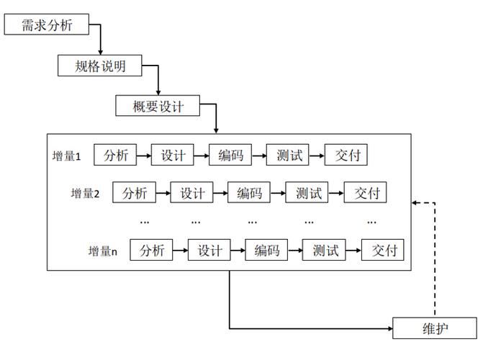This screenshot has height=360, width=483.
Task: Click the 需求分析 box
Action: (47, 24)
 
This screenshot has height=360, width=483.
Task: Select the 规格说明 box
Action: (100, 66)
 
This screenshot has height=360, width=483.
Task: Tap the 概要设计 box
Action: (158, 106)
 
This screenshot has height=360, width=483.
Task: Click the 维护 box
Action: (435, 328)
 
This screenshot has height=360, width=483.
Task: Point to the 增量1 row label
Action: (66, 156)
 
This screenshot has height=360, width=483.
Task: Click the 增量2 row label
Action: (86, 194)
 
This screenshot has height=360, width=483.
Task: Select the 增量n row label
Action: (103, 251)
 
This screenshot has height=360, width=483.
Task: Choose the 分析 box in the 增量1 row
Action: (115, 155)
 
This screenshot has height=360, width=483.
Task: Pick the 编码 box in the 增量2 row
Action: (249, 192)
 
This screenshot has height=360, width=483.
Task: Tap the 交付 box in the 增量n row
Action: (382, 250)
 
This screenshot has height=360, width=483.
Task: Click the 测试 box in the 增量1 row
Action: (288, 155)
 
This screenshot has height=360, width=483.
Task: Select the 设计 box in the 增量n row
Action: (209, 250)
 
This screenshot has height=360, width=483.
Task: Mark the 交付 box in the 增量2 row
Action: (365, 192)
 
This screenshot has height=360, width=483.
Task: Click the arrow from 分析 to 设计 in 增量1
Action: (144, 156)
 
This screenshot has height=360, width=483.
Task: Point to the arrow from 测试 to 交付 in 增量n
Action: (353, 250)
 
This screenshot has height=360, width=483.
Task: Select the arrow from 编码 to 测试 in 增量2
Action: (278, 193)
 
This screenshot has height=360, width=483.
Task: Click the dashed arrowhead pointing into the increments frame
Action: (415, 203)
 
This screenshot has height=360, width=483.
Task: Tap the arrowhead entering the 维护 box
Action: (390, 328)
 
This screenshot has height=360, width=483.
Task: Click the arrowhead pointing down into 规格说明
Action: (101, 53)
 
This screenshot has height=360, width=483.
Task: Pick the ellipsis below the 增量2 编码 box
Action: (252, 222)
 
